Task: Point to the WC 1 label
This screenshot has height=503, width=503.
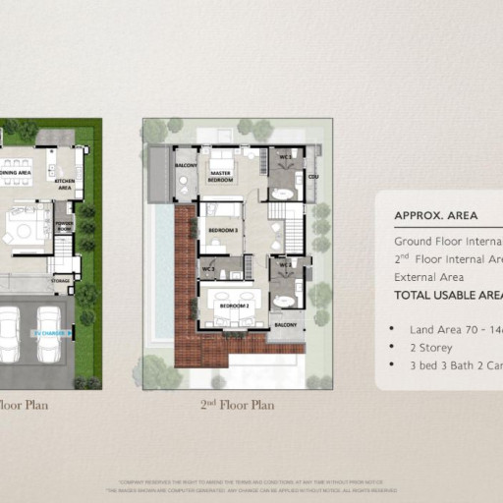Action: (285, 157)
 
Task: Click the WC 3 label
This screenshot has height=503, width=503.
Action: (207, 266)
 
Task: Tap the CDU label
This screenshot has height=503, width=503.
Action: (313, 177)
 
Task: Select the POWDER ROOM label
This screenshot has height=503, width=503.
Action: (63, 225)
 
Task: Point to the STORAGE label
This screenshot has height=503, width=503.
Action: (61, 280)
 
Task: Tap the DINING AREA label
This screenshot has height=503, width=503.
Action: (17, 173)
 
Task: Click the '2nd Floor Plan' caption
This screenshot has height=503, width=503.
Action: (237, 405)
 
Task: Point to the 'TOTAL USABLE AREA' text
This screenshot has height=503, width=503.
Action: (448, 295)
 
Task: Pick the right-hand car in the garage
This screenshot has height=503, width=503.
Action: (49, 334)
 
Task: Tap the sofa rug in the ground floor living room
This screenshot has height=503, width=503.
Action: (25, 229)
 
